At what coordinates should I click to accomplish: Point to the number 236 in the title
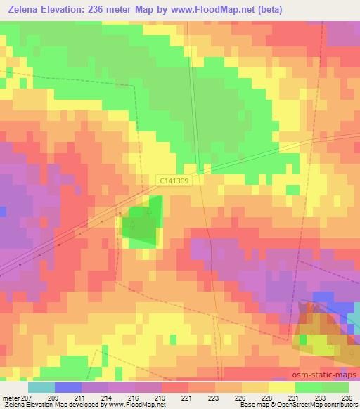pos(105,9)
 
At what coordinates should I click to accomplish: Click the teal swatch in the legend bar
pos(41,387)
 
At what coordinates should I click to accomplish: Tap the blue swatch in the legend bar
pos(67,387)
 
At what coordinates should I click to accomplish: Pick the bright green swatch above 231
pos(308,387)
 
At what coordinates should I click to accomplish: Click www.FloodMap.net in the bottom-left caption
pos(130,405)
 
